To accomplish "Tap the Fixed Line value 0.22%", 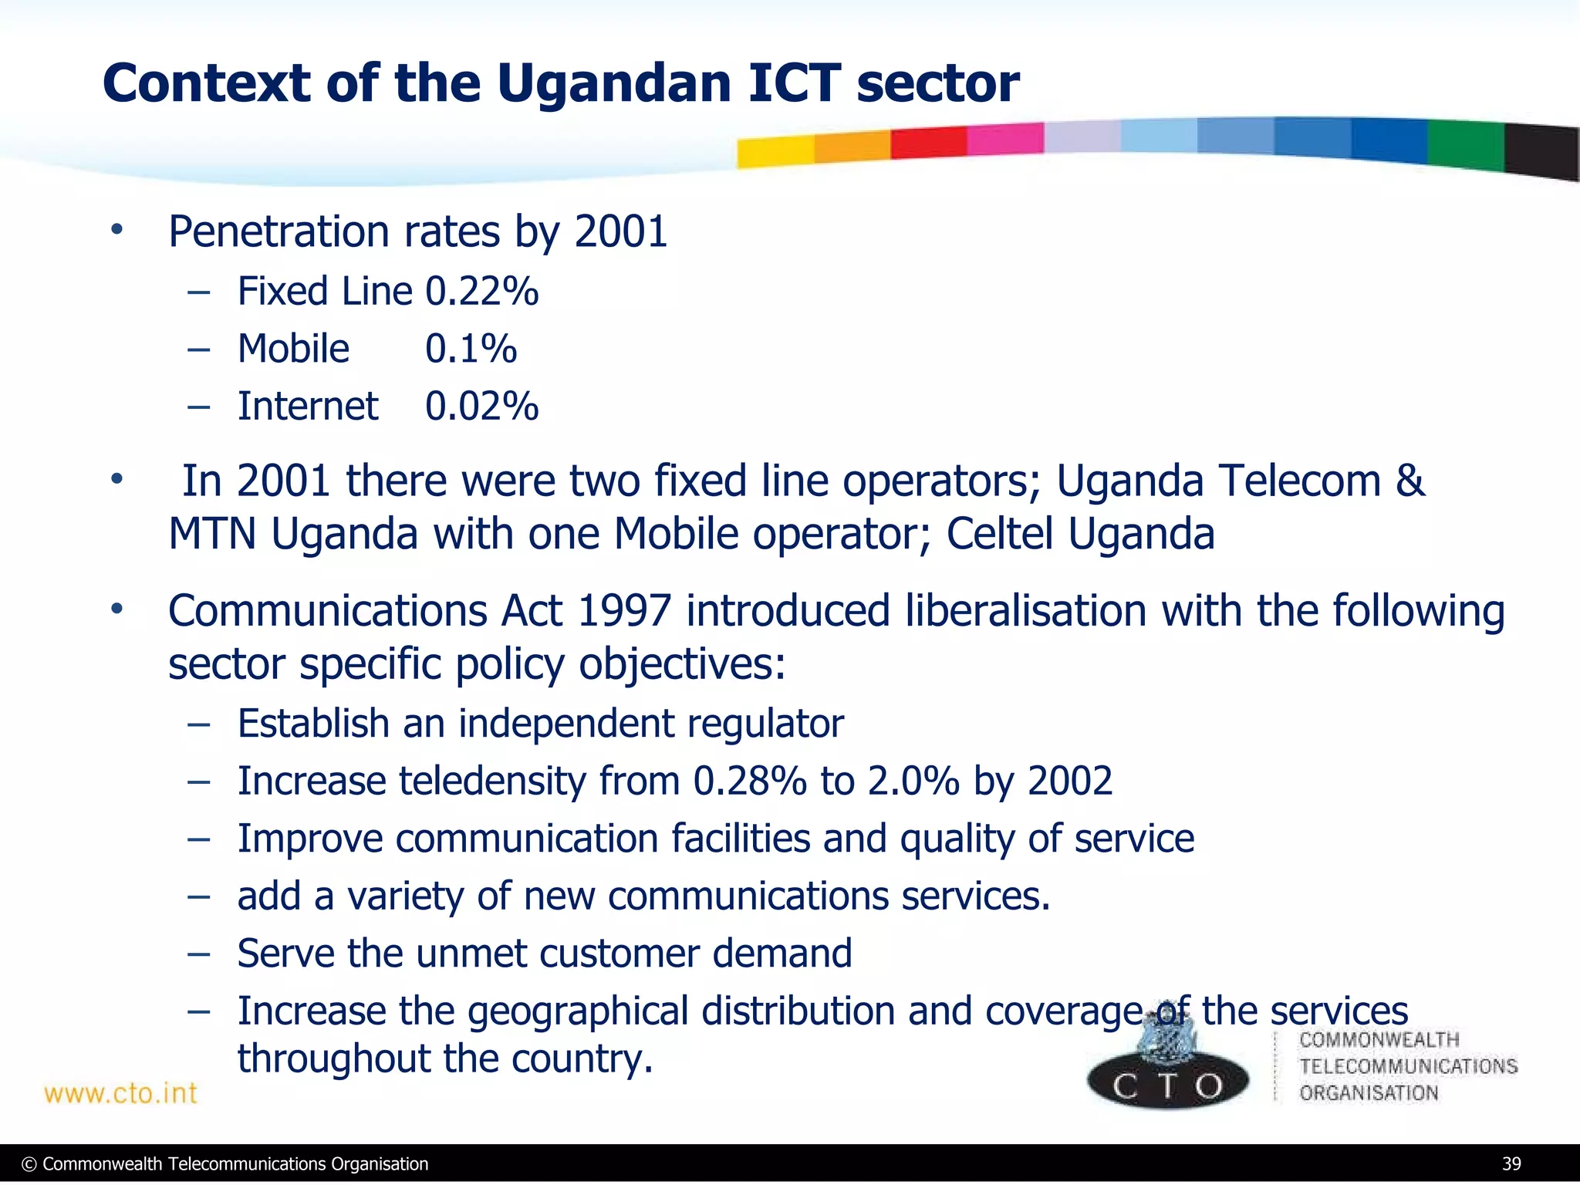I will click(481, 292).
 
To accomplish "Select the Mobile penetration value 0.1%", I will click(471, 349).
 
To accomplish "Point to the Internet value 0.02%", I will click(481, 407).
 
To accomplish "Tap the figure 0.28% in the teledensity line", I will click(749, 781).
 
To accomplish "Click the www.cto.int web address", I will click(120, 1093).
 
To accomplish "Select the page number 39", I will click(1511, 1164).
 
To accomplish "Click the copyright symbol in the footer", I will click(29, 1164).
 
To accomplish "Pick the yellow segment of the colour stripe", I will click(775, 151).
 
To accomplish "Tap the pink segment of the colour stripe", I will click(1004, 140).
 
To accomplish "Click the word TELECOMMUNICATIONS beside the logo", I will click(1408, 1066).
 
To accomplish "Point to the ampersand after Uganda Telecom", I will click(1410, 481).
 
